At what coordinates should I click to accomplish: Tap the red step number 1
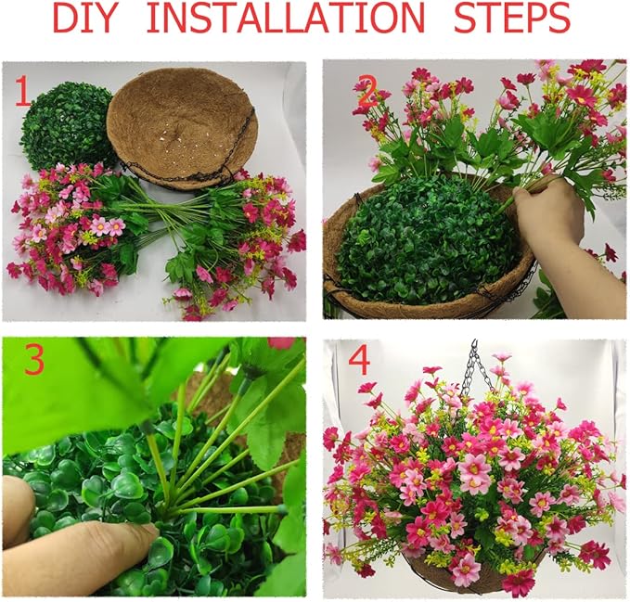22,92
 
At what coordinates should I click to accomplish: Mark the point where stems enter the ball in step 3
167,508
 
